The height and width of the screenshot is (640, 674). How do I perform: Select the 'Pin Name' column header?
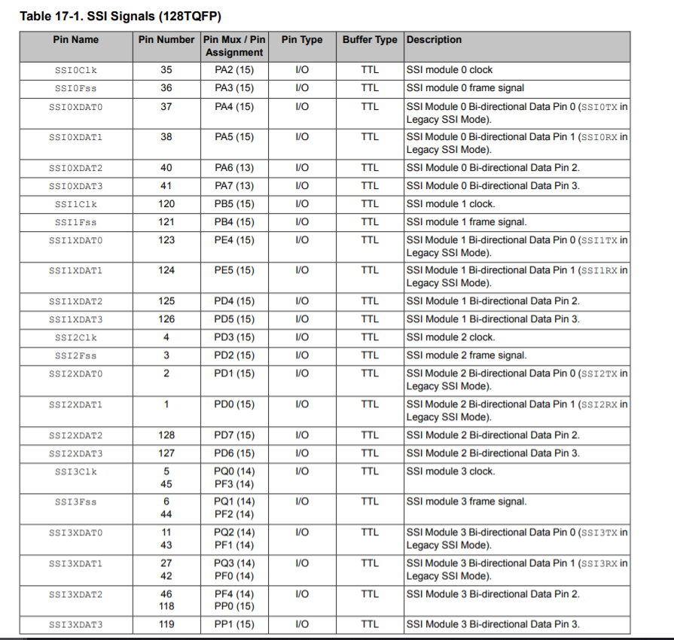point(75,40)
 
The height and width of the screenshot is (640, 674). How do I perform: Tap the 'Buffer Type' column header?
point(369,40)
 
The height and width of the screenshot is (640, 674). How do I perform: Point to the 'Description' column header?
point(435,40)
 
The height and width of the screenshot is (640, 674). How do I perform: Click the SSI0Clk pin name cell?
point(75,70)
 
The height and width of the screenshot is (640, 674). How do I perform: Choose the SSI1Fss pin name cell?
point(75,222)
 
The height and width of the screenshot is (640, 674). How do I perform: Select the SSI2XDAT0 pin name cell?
point(75,373)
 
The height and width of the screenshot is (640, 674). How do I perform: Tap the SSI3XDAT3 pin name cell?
point(75,624)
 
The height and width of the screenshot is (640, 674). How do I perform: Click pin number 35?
point(166,70)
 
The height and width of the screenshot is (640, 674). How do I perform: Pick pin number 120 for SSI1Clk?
point(166,204)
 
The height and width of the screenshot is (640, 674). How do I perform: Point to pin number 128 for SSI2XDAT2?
point(166,435)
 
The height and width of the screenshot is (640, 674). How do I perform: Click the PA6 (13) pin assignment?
point(234,167)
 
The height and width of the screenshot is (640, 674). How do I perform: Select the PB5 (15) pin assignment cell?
point(234,204)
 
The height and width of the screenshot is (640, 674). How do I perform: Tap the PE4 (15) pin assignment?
point(234,240)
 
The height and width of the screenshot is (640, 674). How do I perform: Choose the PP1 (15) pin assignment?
point(234,624)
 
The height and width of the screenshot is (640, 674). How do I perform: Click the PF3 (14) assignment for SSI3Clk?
point(234,484)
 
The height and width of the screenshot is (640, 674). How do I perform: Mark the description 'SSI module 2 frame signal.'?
point(467,355)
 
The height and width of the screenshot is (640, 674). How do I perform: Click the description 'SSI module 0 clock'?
point(450,70)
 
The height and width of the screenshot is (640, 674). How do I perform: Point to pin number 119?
point(166,624)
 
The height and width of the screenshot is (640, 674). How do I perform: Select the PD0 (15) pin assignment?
point(234,404)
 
